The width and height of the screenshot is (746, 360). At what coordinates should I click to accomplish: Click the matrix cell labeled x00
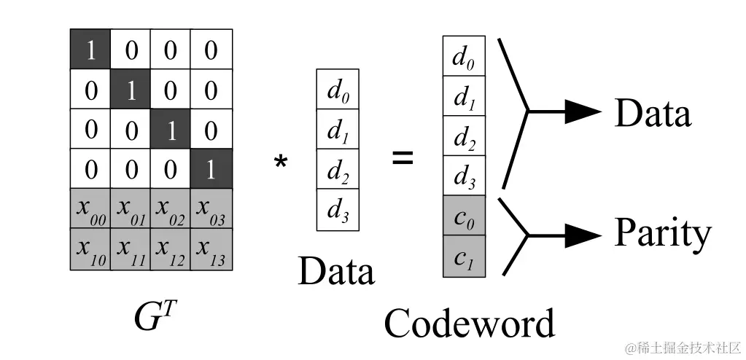coord(90,208)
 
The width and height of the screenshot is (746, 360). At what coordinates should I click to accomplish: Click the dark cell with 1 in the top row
coord(90,49)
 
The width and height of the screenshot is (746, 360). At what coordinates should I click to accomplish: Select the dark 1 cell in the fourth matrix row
coord(211,169)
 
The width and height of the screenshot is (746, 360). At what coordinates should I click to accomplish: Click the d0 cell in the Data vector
coord(337,90)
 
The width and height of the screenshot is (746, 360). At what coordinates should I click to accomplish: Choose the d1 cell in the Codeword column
coord(464,96)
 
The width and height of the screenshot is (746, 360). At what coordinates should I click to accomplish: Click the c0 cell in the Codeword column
coord(464,216)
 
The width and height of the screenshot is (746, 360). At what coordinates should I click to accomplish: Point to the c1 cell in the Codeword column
coord(464,257)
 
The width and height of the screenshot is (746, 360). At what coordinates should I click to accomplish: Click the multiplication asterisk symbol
coord(280,163)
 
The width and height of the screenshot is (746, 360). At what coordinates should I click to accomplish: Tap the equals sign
coord(403,157)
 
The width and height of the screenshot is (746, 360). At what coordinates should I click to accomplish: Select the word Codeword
coord(469,323)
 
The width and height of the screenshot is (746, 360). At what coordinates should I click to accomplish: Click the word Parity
coord(662,235)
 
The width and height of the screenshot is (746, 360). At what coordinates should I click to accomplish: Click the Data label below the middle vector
coord(336,271)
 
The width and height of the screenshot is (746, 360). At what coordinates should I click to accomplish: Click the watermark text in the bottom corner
coord(677,346)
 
